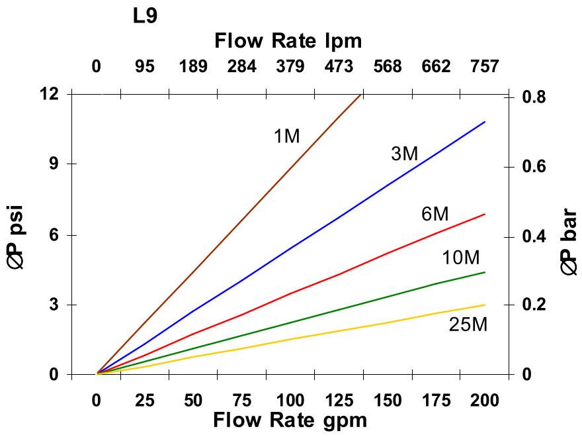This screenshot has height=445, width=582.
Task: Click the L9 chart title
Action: (x=145, y=15)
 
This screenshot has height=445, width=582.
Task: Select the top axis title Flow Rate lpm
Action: (x=288, y=41)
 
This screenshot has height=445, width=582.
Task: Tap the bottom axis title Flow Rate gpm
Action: (x=290, y=420)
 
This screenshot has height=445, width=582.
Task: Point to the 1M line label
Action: (x=286, y=136)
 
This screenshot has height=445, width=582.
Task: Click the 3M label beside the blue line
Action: (x=404, y=154)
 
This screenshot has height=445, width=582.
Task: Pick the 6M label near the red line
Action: (x=435, y=215)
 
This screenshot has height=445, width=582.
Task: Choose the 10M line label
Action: (x=460, y=258)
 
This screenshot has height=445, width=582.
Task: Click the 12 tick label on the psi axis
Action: (x=50, y=94)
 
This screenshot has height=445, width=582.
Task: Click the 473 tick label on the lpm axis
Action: (x=339, y=66)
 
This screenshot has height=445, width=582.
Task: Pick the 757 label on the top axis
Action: (x=484, y=66)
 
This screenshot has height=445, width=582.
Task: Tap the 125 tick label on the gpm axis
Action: (x=339, y=401)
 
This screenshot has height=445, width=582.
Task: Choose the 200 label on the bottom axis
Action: (x=484, y=401)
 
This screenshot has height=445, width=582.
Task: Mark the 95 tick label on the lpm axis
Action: (x=145, y=66)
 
